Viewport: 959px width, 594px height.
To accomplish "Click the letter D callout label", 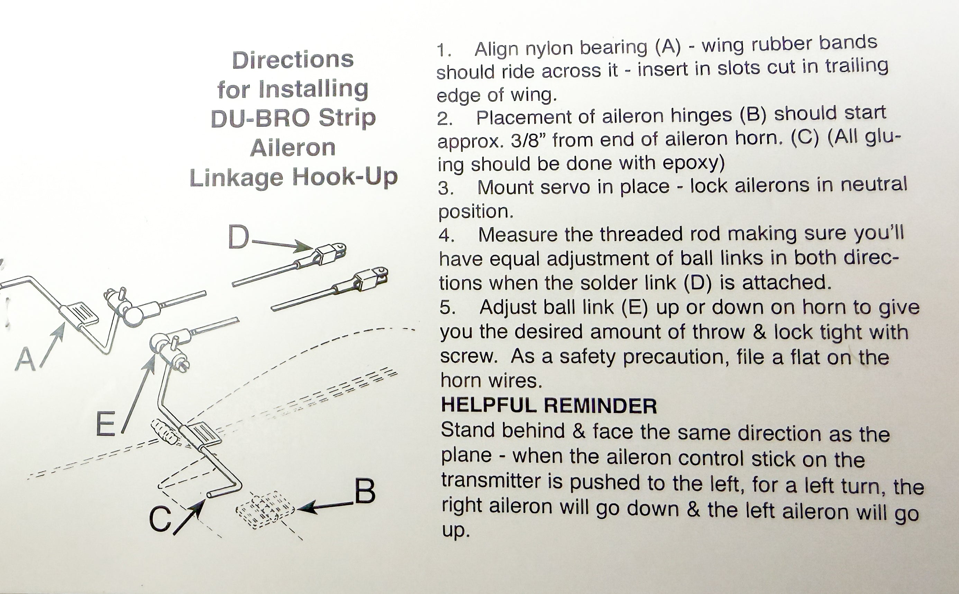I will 239,237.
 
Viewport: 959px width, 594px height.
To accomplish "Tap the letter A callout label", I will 26,359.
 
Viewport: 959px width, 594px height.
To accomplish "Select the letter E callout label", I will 106,425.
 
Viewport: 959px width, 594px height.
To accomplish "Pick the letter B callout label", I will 365,491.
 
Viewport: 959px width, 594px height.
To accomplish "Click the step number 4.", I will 446,236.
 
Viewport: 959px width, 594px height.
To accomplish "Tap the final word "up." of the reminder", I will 455,531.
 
